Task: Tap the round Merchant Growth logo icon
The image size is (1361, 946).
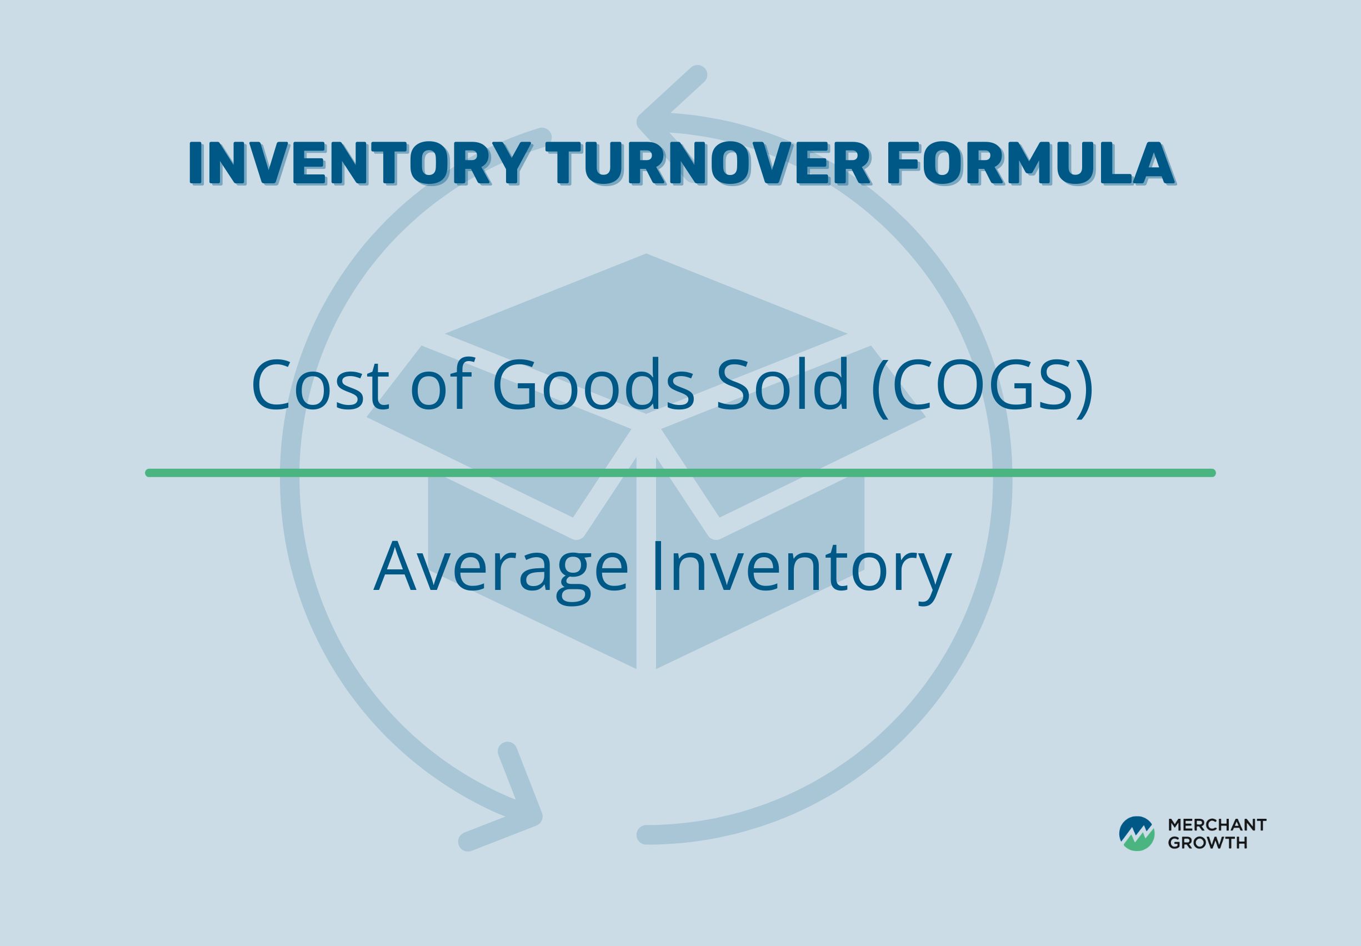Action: (x=1137, y=833)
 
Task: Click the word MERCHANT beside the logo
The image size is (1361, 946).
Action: (x=1217, y=824)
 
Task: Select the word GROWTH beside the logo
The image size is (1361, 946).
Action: (x=1208, y=843)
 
